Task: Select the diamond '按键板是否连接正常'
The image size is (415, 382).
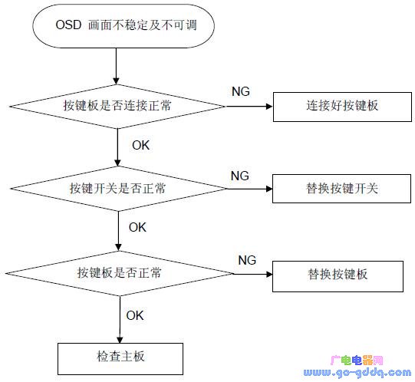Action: pyautogui.click(x=117, y=105)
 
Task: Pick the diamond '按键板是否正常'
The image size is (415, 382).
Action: pyautogui.click(x=119, y=273)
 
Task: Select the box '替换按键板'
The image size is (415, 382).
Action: pyautogui.click(x=337, y=273)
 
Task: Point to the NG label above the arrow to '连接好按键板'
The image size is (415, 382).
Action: pyautogui.click(x=240, y=91)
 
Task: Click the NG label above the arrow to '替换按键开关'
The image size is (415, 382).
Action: pyautogui.click(x=240, y=176)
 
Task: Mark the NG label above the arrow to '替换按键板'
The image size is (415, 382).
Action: pyautogui.click(x=247, y=260)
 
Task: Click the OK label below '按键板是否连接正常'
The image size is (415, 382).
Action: pyautogui.click(x=141, y=144)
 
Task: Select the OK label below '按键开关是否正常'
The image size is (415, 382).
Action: pyautogui.click(x=137, y=227)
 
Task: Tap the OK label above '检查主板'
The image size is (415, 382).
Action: pyautogui.click(x=135, y=314)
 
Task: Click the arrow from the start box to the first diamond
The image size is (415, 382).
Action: pyautogui.click(x=117, y=67)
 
